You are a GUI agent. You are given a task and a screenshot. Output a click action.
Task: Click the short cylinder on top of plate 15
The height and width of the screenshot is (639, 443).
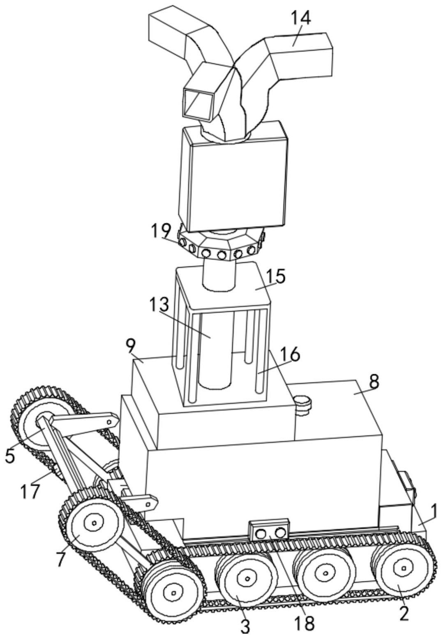click(219, 276)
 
